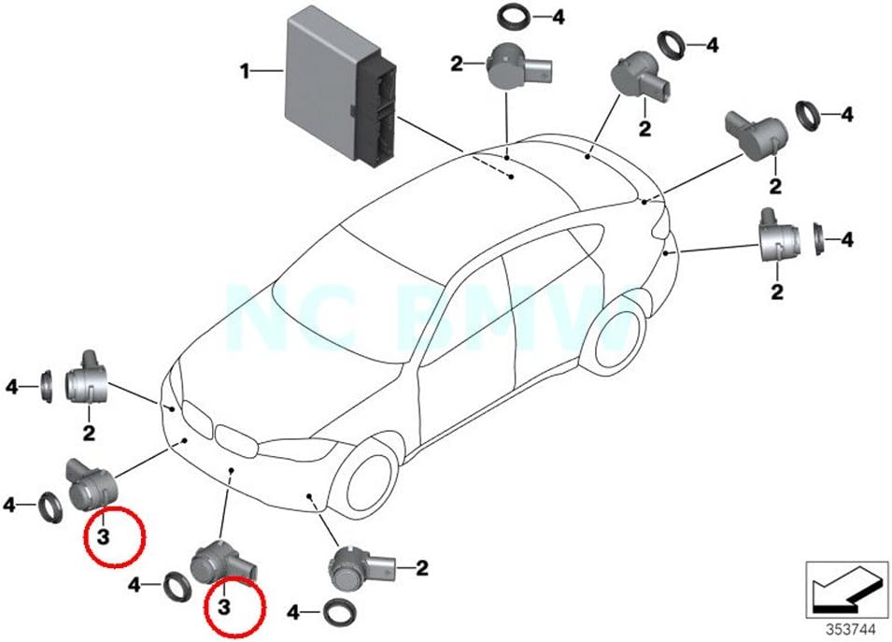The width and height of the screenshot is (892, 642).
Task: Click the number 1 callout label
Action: [x=245, y=70]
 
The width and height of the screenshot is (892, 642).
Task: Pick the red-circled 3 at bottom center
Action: [x=224, y=606]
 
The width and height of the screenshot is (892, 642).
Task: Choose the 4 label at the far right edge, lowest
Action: [x=847, y=239]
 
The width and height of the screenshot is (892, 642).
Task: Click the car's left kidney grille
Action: [x=195, y=413]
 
